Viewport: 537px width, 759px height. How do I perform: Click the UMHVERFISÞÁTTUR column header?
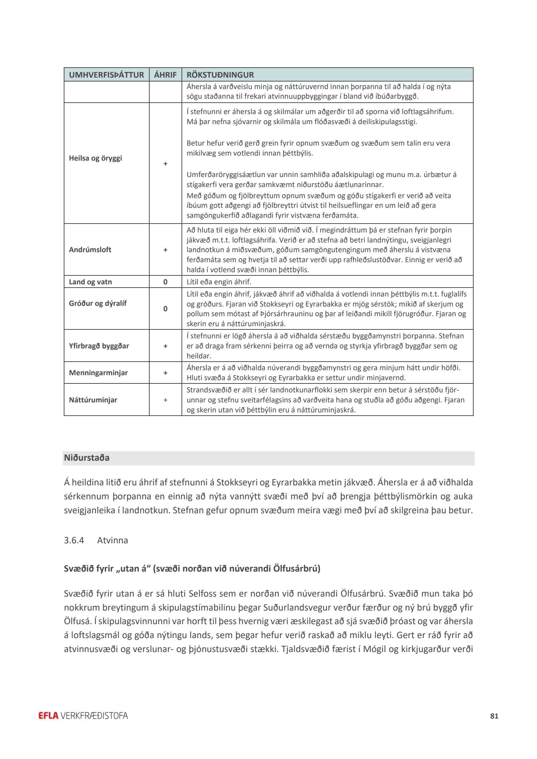(106, 75)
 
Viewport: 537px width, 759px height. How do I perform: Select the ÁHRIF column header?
(165, 75)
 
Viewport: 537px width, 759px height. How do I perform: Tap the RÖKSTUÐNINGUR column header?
(220, 75)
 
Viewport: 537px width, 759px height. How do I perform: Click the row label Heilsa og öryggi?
(95, 158)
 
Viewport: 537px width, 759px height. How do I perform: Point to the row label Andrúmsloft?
(90, 250)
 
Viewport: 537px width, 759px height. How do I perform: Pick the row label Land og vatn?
(90, 282)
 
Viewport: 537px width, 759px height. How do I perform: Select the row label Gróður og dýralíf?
(97, 303)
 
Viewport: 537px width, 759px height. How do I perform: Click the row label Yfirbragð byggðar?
(99, 346)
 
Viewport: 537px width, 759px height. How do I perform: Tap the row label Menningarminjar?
(98, 373)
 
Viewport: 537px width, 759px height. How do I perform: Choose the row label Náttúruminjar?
(93, 400)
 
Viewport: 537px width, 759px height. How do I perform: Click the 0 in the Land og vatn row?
(165, 282)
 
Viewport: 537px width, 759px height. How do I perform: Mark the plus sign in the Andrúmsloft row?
(165, 250)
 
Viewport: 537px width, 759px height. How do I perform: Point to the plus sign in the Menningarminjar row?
(165, 373)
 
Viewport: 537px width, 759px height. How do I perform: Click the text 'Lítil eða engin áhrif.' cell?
(219, 282)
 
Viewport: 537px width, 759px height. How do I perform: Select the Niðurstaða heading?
(87, 458)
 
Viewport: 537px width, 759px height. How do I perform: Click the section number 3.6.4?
(74, 540)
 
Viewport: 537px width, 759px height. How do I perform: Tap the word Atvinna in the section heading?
(112, 540)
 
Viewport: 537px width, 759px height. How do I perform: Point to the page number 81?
(494, 716)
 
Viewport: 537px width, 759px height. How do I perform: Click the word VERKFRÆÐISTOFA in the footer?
(94, 716)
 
